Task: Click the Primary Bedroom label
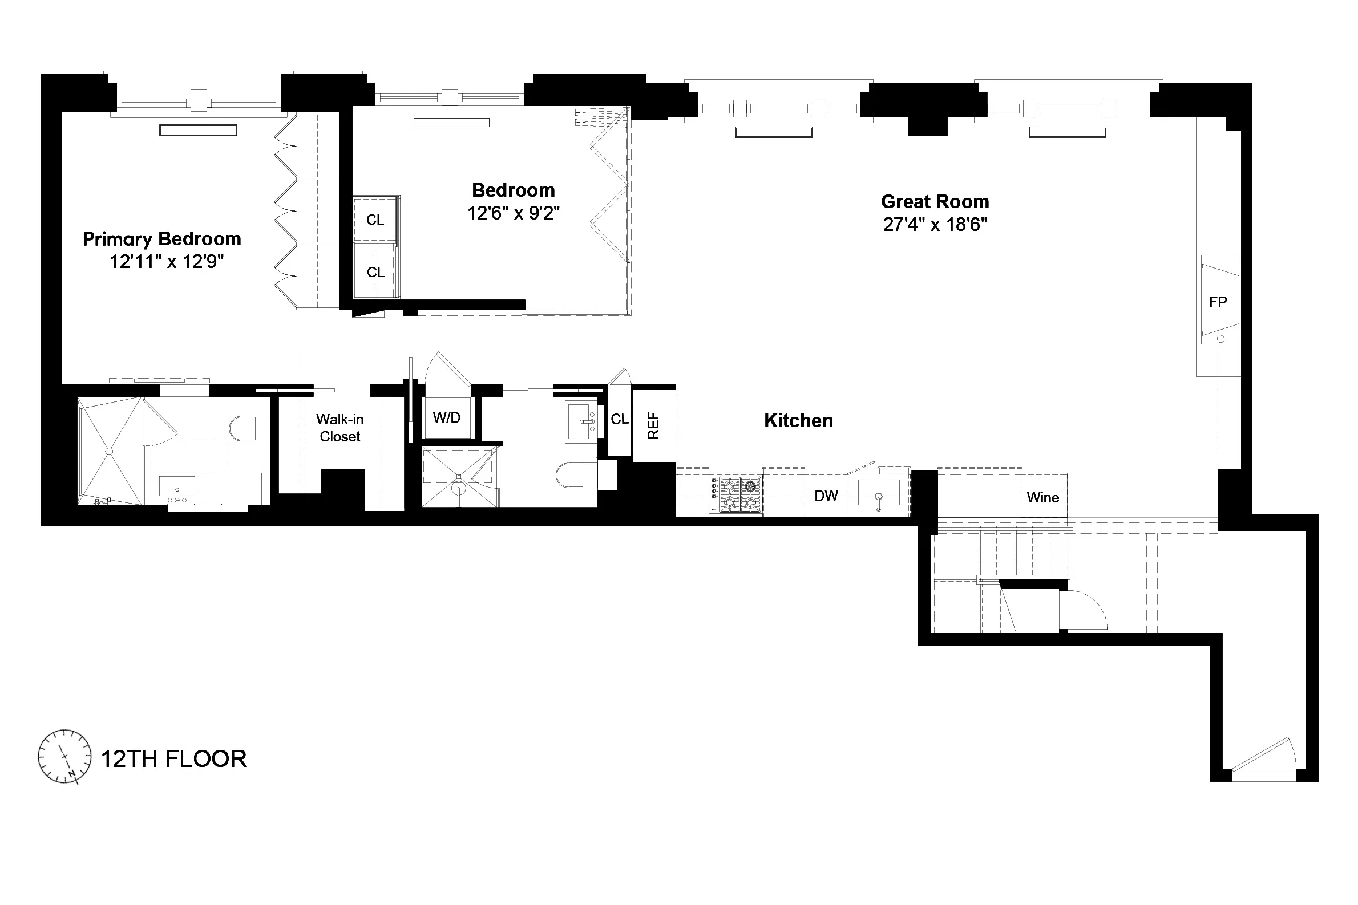point(161,238)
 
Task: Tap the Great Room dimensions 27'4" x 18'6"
point(935,225)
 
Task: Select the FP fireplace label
point(1218,301)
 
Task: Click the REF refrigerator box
point(653,425)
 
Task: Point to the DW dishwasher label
point(826,496)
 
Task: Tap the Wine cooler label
point(1043,497)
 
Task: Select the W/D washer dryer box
point(446,418)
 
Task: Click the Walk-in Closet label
point(340,428)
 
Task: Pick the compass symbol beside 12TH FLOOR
point(64,756)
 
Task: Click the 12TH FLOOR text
point(174,758)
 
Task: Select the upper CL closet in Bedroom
point(375,220)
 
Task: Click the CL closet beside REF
point(619,420)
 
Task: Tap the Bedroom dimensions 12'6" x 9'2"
point(514,213)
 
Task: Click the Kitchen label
point(798,420)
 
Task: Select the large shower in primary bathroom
point(110,451)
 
